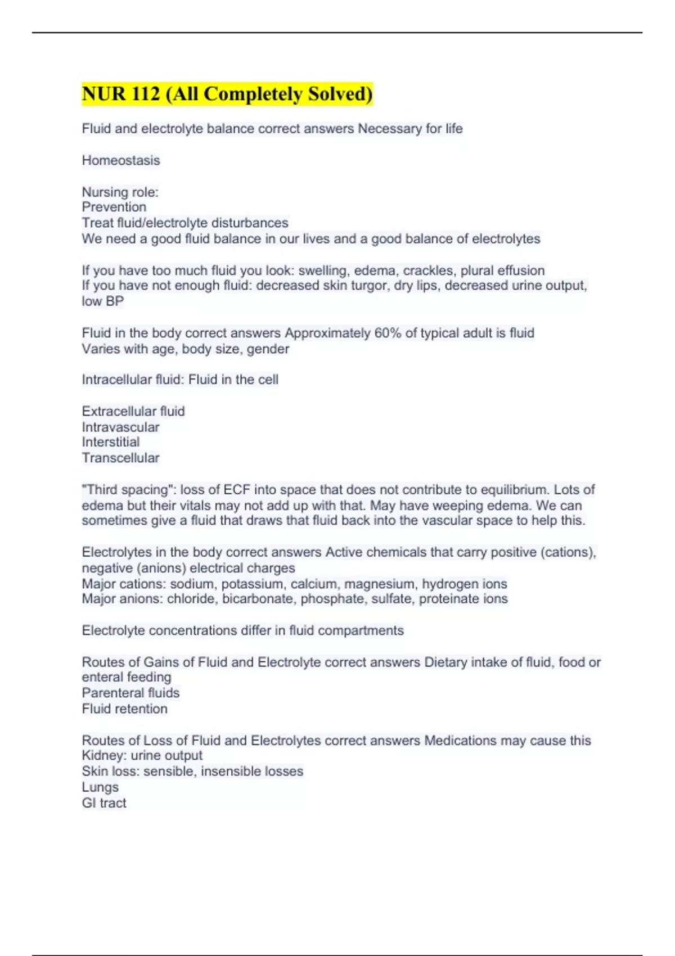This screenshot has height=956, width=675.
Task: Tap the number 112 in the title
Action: [x=146, y=94]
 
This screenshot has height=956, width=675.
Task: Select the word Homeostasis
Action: [x=121, y=160]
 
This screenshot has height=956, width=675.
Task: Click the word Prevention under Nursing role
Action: [x=114, y=207]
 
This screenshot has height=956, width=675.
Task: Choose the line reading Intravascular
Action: [x=120, y=427]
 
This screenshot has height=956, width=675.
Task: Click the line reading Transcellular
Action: [x=120, y=458]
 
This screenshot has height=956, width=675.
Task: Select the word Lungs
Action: [x=100, y=787]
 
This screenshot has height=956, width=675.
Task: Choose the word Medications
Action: [x=460, y=741]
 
